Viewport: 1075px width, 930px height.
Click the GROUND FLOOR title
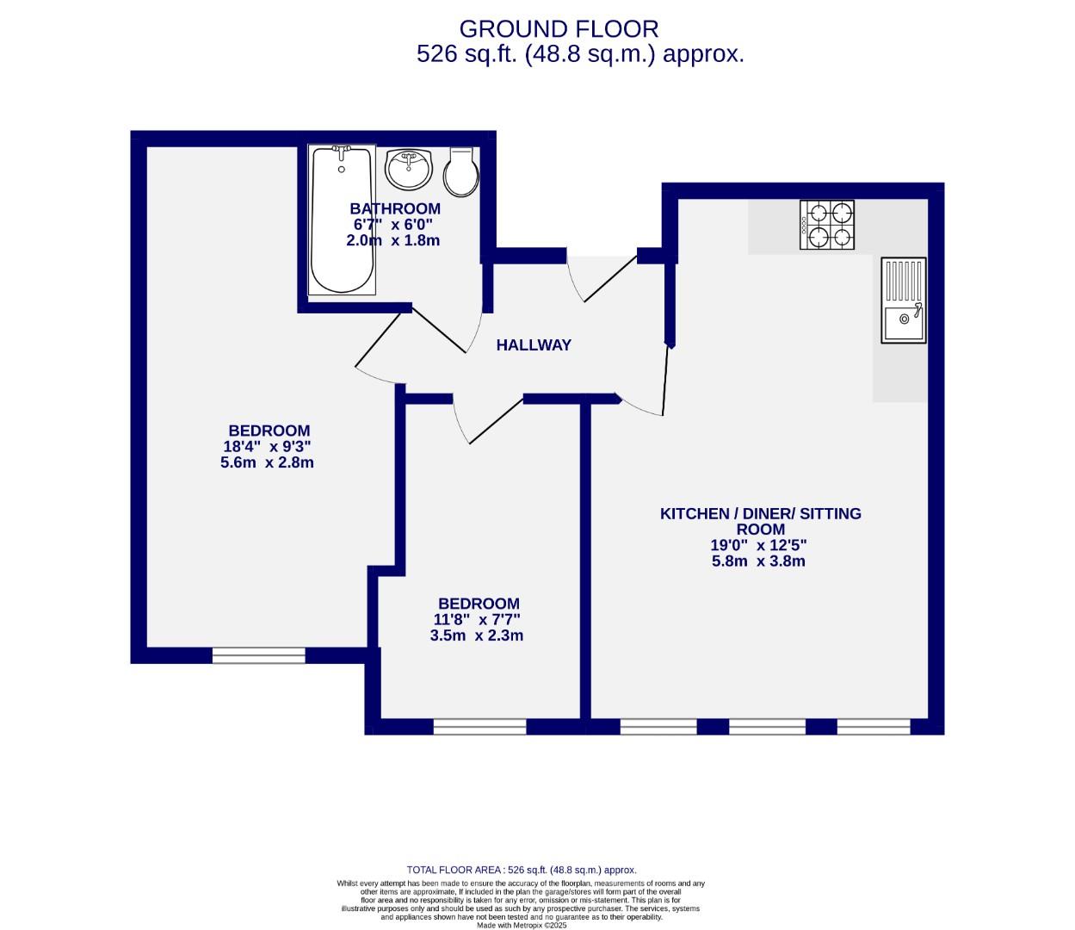(559, 28)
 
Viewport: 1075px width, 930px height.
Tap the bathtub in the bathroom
(342, 220)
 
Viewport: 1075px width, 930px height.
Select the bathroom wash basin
(409, 170)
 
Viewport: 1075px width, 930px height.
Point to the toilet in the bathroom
(460, 171)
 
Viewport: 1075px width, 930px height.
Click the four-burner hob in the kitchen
(826, 225)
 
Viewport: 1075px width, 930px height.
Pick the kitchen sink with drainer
(903, 301)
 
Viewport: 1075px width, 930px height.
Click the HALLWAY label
(534, 345)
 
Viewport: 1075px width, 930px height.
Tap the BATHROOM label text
(395, 208)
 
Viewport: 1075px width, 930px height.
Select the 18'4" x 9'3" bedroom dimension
(267, 447)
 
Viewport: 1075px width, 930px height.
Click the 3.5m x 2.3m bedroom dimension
(477, 636)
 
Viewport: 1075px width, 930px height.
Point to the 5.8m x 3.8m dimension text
(758, 561)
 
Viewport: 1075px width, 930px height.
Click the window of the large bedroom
(259, 655)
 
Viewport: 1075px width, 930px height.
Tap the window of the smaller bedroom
(479, 726)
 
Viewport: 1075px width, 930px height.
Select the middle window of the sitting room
(766, 726)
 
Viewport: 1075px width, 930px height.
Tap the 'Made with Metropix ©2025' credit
(521, 926)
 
